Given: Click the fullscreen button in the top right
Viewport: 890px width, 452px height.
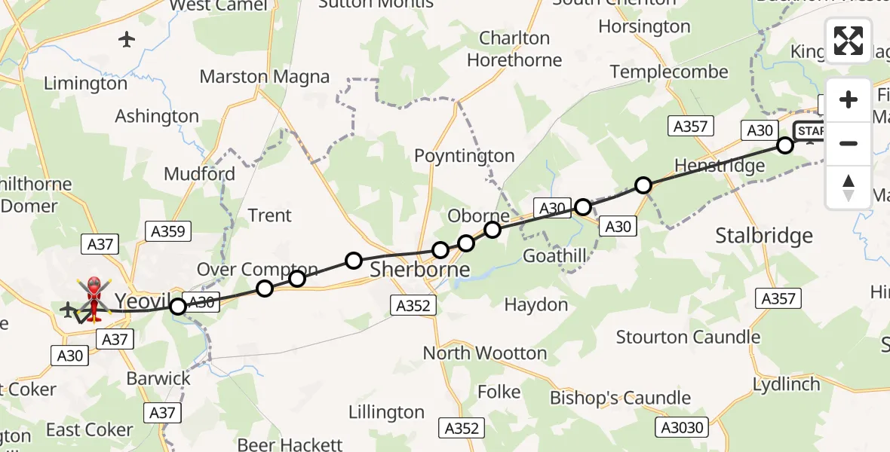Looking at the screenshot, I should tap(849, 41).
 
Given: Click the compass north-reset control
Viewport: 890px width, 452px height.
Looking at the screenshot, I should tap(849, 187).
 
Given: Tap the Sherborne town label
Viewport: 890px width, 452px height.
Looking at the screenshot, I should tap(419, 270).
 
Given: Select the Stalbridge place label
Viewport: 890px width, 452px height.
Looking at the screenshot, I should tap(764, 236).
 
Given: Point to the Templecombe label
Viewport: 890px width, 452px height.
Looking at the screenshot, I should tap(669, 72).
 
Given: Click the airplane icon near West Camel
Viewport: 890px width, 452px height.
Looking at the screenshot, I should tap(127, 39).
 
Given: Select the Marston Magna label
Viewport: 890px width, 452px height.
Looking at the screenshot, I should tap(264, 77).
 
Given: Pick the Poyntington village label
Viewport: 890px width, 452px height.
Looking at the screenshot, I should tap(464, 156).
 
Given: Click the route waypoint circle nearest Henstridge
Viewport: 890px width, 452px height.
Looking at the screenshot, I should tap(643, 185).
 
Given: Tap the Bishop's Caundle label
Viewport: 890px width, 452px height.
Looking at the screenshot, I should tap(620, 398).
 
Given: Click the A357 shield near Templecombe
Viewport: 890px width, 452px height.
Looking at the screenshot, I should tap(689, 126).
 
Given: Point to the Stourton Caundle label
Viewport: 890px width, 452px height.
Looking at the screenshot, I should tap(688, 337).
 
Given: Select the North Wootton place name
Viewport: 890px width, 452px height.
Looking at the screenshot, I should tap(484, 353).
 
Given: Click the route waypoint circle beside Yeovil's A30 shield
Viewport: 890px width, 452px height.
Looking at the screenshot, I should tap(178, 306).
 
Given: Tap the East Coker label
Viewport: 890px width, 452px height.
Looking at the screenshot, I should tap(89, 429).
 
